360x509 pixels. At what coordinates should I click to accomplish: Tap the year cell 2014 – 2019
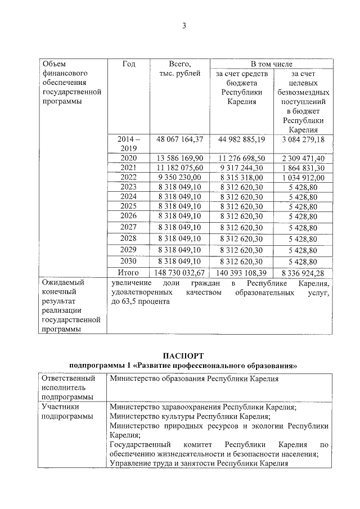coord(129,143)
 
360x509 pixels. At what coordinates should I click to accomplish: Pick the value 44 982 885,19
coord(242,139)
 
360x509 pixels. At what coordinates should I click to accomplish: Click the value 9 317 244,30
coord(242,168)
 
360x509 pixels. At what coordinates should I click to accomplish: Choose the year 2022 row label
coord(129,177)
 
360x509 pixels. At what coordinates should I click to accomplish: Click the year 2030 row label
coord(129,262)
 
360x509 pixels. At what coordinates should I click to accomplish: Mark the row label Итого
coord(129,273)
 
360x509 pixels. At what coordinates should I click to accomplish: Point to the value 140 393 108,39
coord(242,273)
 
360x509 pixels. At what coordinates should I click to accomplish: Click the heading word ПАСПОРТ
coord(183,355)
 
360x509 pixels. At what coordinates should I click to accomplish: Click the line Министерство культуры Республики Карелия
coord(190,416)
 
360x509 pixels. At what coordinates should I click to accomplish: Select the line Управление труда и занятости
coord(199,463)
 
